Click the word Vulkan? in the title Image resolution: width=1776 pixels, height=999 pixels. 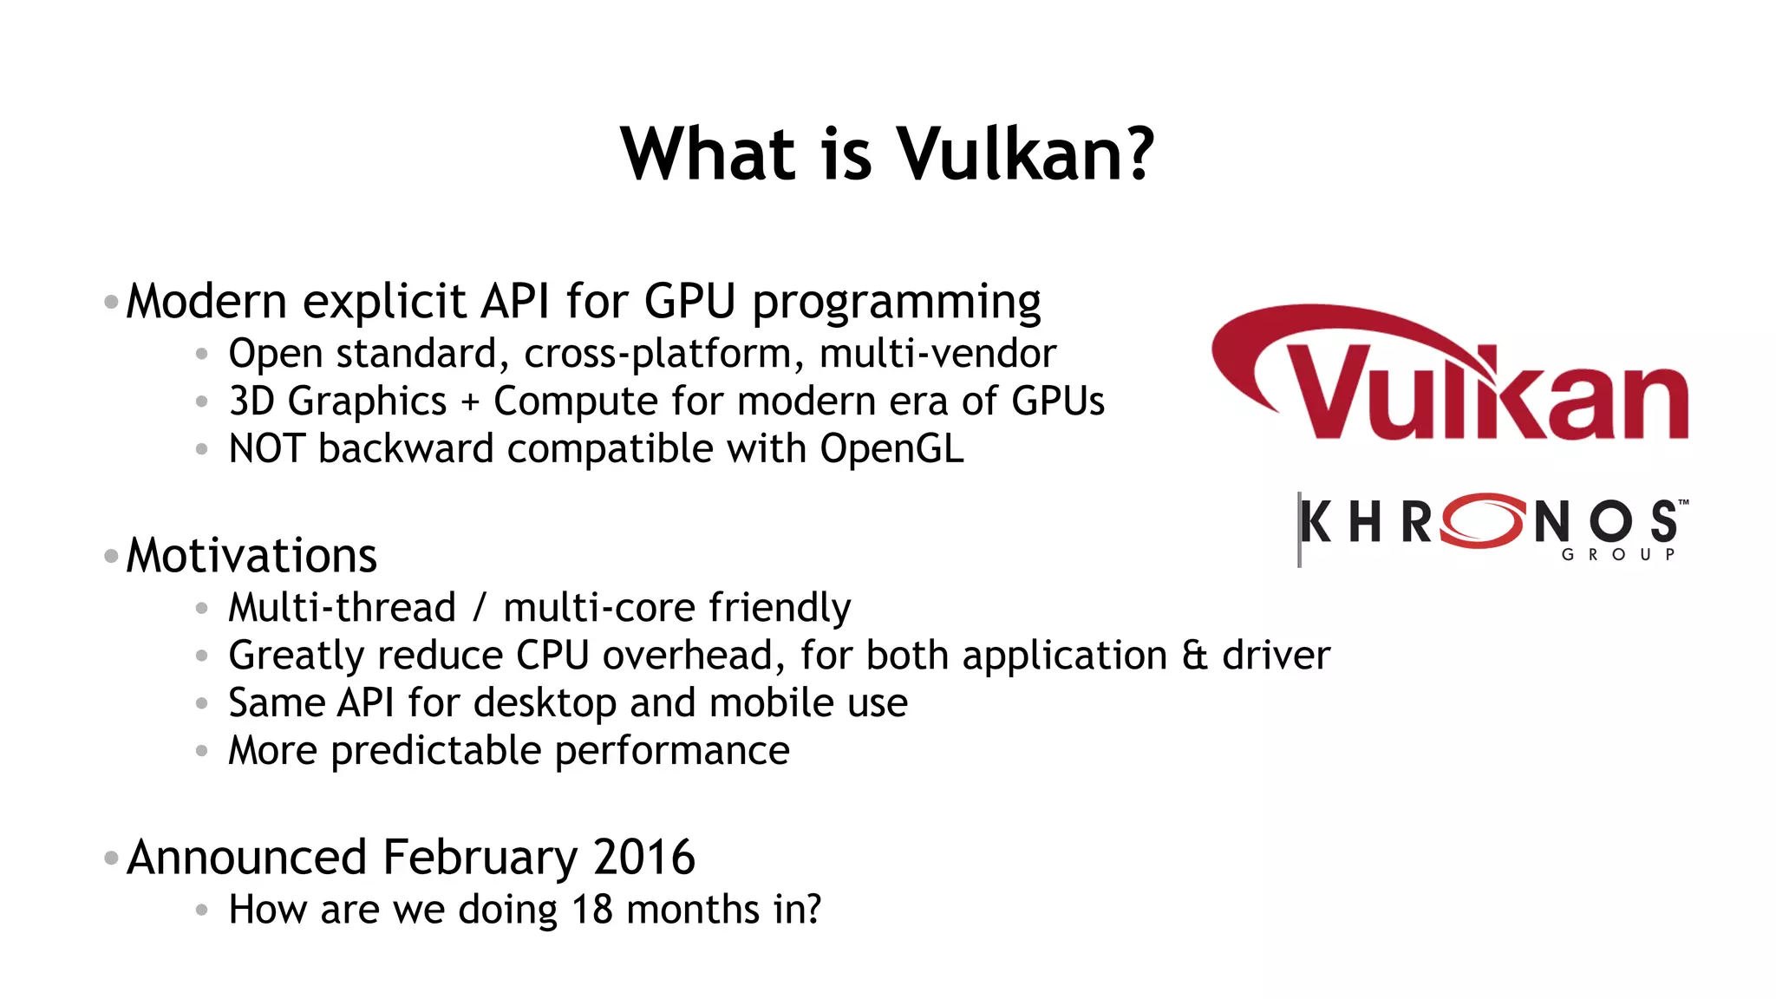pyautogui.click(x=1024, y=154)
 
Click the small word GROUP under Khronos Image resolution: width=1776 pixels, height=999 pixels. pyautogui.click(x=1618, y=555)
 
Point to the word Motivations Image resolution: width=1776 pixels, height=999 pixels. pyautogui.click(x=251, y=555)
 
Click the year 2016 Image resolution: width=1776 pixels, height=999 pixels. pyautogui.click(x=644, y=858)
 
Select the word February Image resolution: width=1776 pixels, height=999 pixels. pyautogui.click(x=480, y=858)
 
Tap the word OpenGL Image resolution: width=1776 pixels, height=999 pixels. pyautogui.click(x=891, y=449)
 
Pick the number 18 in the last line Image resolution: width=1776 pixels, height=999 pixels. pyautogui.click(x=591, y=910)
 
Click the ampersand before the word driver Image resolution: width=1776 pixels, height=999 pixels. pyautogui.click(x=1194, y=656)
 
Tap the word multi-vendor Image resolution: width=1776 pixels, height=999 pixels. pyautogui.click(x=937, y=354)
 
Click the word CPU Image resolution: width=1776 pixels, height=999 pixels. pyautogui.click(x=552, y=656)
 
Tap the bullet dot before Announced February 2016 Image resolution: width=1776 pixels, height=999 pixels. pyautogui.click(x=111, y=859)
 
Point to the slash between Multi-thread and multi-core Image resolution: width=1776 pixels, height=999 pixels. pyautogui.click(x=480, y=608)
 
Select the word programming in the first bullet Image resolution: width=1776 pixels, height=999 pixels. pyautogui.click(x=896, y=303)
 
